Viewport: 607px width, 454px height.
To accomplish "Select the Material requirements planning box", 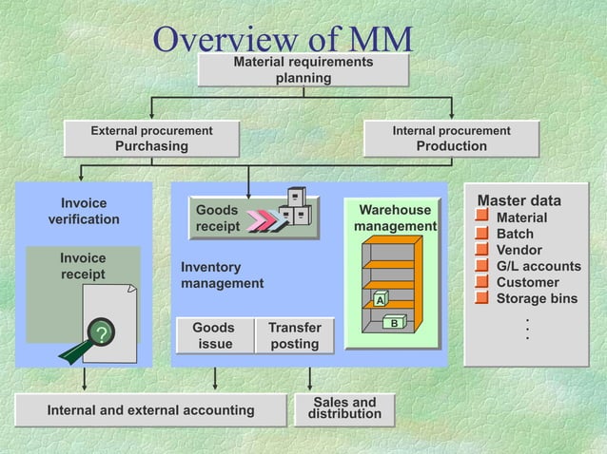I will [x=303, y=70].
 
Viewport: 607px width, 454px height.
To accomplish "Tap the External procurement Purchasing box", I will [x=151, y=139].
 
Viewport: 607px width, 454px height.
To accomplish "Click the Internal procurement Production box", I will [x=451, y=139].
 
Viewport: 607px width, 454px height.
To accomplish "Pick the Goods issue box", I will [x=215, y=335].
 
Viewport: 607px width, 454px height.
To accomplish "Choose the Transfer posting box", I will [x=294, y=335].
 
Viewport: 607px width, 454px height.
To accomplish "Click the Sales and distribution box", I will [x=344, y=408].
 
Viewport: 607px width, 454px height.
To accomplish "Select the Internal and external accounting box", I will [x=151, y=410].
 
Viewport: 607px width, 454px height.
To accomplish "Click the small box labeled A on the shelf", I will [x=380, y=300].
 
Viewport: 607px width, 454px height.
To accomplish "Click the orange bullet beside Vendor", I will [x=482, y=250].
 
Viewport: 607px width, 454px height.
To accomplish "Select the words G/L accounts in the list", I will [x=538, y=266].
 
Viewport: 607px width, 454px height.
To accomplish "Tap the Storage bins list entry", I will [x=537, y=298].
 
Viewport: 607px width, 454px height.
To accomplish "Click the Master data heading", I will [x=519, y=200].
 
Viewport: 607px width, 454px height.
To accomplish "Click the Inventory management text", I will [x=222, y=275].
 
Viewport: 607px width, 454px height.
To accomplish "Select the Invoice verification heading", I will [x=84, y=211].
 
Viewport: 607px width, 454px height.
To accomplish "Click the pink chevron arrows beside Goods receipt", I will [x=263, y=221].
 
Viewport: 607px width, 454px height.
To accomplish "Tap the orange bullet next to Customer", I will [x=482, y=282].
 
